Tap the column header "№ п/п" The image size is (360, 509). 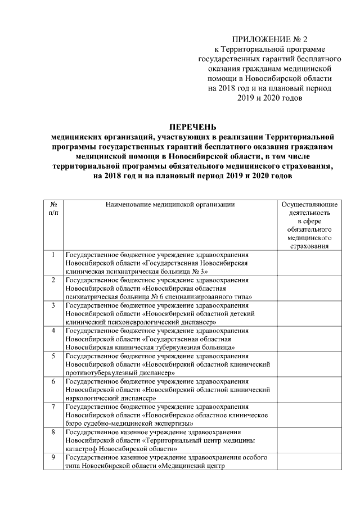(x=53, y=209)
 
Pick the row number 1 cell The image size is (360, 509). (x=53, y=255)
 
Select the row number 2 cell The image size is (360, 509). (x=53, y=280)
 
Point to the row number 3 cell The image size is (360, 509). (x=53, y=305)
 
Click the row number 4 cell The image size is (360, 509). (x=53, y=330)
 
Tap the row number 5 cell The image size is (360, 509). (x=53, y=355)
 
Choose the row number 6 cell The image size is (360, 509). (x=53, y=381)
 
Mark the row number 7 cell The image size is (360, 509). (x=53, y=406)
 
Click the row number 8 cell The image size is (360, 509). (x=53, y=432)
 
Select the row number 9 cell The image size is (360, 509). (x=53, y=457)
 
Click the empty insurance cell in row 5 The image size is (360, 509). (x=309, y=364)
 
